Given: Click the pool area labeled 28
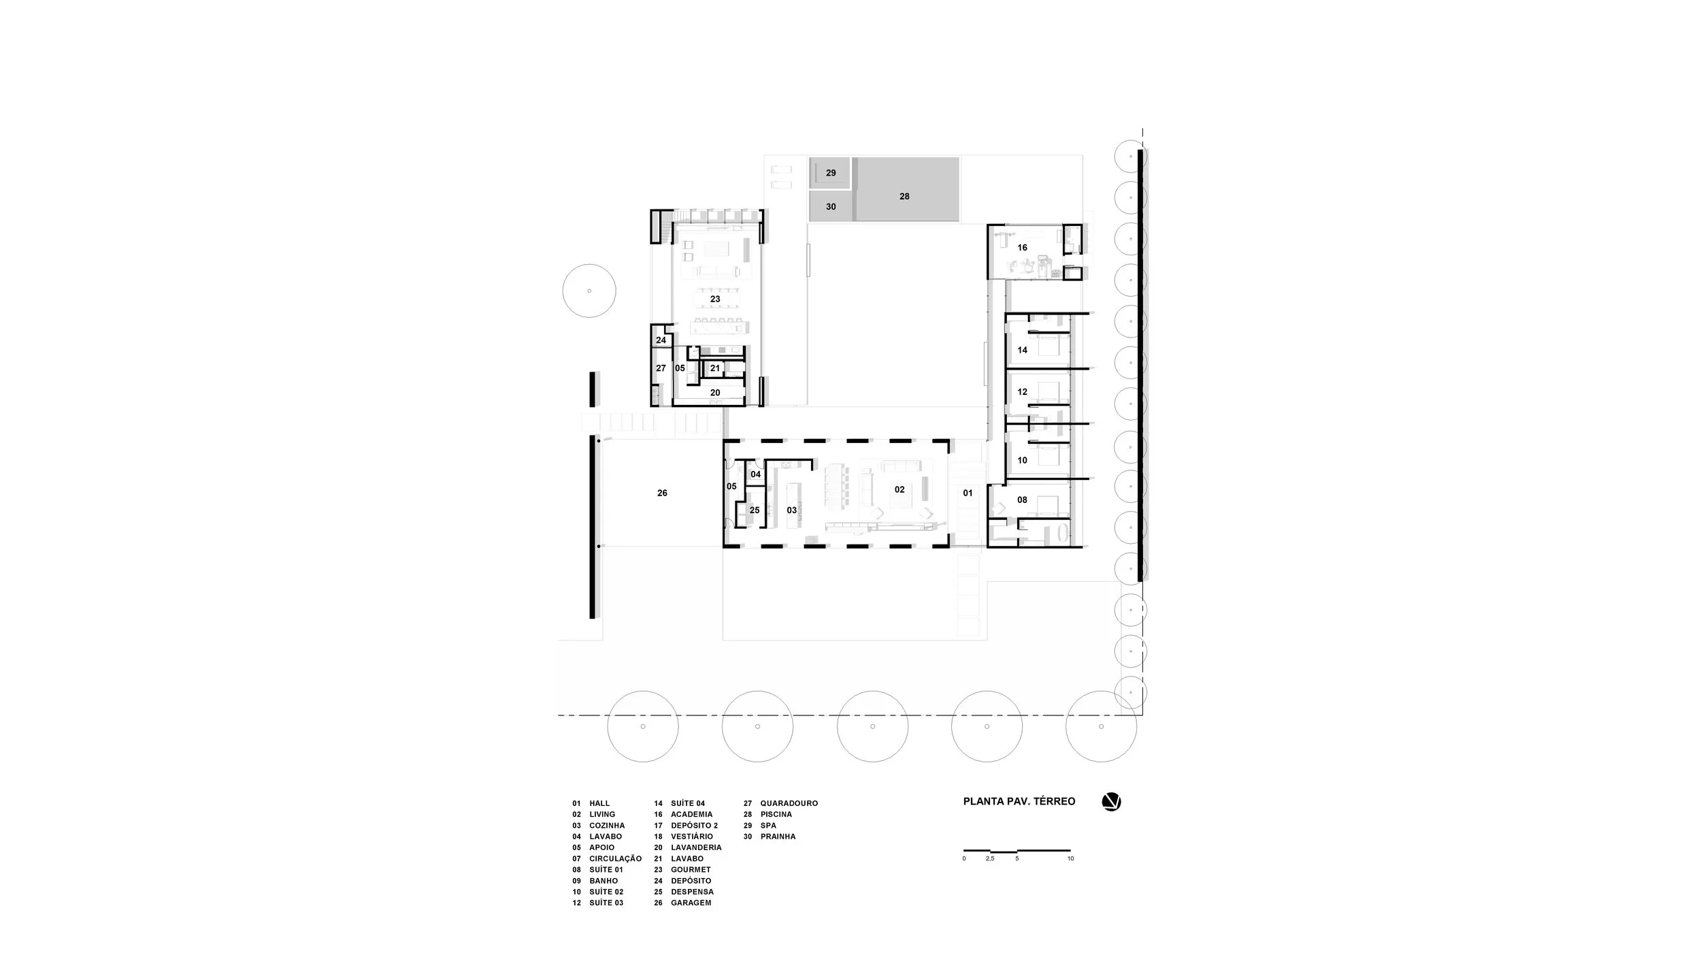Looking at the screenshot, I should click(904, 196).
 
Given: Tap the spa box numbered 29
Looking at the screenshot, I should click(831, 173).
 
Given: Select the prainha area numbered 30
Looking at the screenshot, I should click(831, 206).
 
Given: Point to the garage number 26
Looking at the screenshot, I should click(662, 493).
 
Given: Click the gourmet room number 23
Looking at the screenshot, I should click(715, 299).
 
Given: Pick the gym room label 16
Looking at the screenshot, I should click(1022, 248).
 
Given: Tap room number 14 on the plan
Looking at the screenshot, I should click(1022, 350).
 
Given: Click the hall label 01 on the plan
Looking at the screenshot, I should click(968, 493).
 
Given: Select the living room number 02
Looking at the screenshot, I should click(899, 489).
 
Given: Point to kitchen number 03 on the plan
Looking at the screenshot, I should click(791, 510).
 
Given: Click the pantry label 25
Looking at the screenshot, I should click(755, 510).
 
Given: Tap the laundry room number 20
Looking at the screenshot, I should click(715, 393).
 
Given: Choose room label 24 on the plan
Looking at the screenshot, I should click(661, 340).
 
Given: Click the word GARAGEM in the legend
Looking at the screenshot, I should click(691, 903).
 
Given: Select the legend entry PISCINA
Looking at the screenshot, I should click(776, 814).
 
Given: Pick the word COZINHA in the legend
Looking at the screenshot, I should click(607, 826).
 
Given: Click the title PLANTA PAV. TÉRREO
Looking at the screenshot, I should click(1019, 801).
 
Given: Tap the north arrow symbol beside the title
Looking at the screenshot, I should click(1111, 802).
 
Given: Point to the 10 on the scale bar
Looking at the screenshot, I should click(1070, 859).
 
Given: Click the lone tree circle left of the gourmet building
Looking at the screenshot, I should click(589, 291).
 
